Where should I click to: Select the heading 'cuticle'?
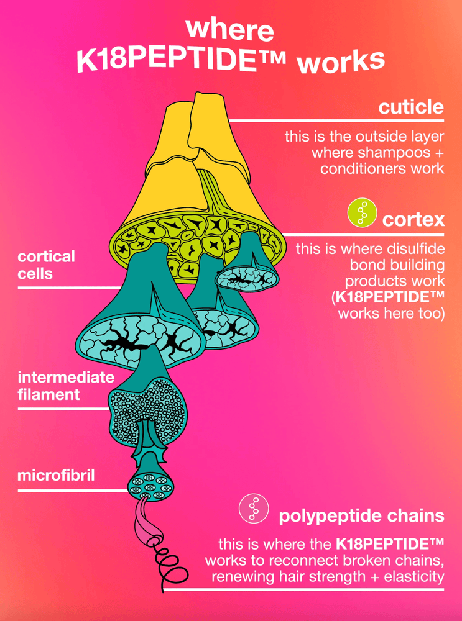coord(411,107)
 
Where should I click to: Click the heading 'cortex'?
coord(413,219)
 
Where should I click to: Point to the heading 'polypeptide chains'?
coord(361,515)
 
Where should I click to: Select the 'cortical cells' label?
coord(46,264)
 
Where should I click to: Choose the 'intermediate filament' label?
coord(57,386)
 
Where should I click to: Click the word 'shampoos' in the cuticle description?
coord(392,152)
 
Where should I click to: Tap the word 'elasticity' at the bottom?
coord(412,577)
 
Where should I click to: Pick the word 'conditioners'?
coord(363,169)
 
